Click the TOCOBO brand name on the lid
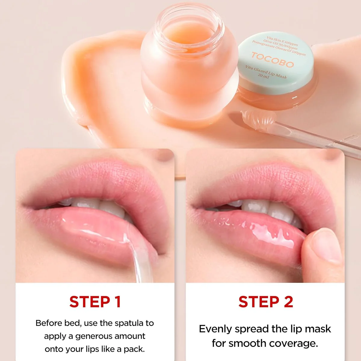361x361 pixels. click(x=272, y=60)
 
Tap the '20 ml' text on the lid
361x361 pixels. click(x=264, y=76)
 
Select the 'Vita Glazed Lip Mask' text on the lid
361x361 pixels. click(x=266, y=72)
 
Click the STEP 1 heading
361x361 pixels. click(x=95, y=302)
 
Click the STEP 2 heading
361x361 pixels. click(x=266, y=302)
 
